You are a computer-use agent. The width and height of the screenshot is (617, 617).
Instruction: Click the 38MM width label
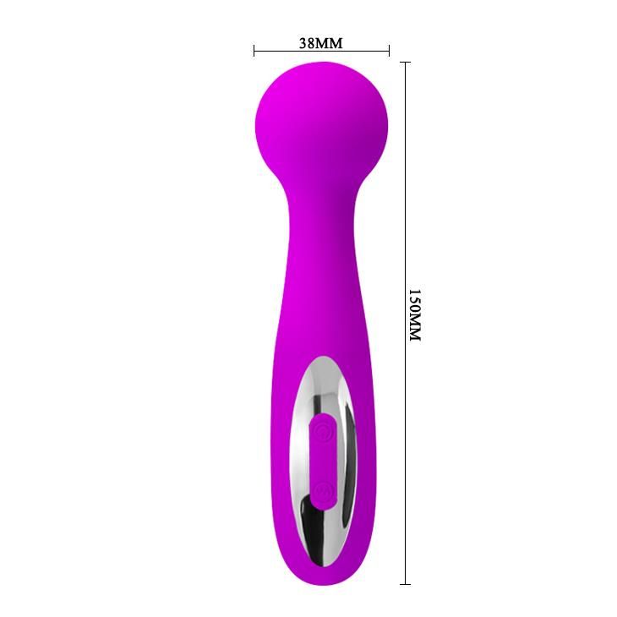coord(320,42)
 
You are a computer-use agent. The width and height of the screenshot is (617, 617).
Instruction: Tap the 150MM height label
coord(413,315)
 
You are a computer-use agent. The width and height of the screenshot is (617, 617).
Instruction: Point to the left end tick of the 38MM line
coord(254,52)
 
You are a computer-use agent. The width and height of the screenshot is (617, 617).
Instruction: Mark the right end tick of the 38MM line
coord(389,52)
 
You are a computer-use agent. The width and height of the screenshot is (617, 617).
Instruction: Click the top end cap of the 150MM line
coord(405,62)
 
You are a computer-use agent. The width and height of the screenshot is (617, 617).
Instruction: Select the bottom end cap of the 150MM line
coord(405,583)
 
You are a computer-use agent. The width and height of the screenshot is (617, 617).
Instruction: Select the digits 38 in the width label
coord(308,42)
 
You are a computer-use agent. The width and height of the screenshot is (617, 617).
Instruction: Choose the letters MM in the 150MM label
coord(413,329)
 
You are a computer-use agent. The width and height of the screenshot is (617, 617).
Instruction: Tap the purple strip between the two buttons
coord(322,461)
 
